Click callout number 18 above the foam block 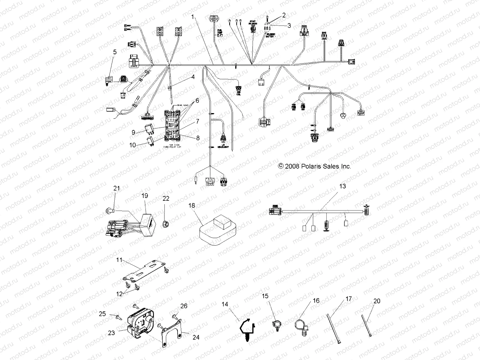[x=192, y=205]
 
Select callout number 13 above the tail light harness [x=342, y=186]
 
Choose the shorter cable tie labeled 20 [x=368, y=326]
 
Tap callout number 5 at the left [x=115, y=52]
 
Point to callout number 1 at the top [x=194, y=17]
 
